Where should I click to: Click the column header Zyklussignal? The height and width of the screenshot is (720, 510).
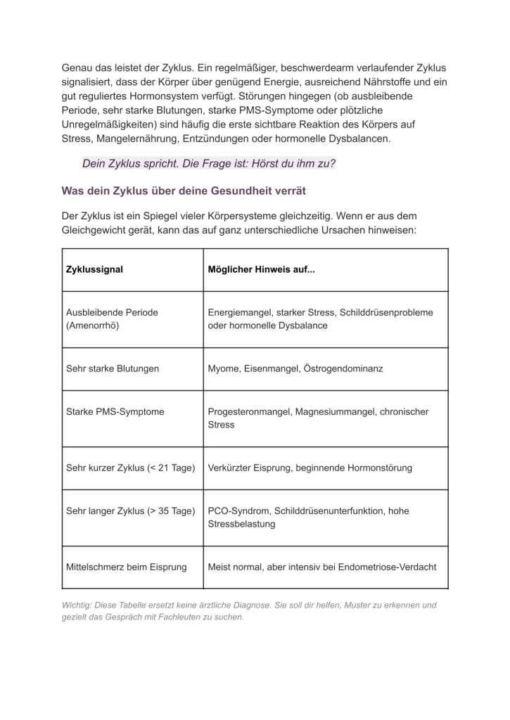click(x=94, y=270)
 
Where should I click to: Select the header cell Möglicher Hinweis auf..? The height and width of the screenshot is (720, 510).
click(x=261, y=270)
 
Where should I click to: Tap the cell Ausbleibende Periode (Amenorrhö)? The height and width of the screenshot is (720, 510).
click(x=112, y=319)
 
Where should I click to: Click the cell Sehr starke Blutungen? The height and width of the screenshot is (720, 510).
click(x=113, y=368)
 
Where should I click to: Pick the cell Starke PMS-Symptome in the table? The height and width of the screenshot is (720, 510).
click(x=115, y=411)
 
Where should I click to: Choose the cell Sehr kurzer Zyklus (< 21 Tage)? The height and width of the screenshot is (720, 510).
click(x=130, y=468)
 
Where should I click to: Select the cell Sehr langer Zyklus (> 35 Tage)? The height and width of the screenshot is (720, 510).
click(x=130, y=511)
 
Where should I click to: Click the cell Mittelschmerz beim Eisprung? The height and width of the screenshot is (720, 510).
click(x=127, y=567)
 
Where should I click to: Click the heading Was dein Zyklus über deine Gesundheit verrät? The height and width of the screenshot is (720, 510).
click(x=184, y=191)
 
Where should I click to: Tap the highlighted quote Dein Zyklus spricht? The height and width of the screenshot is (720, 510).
click(x=208, y=164)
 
